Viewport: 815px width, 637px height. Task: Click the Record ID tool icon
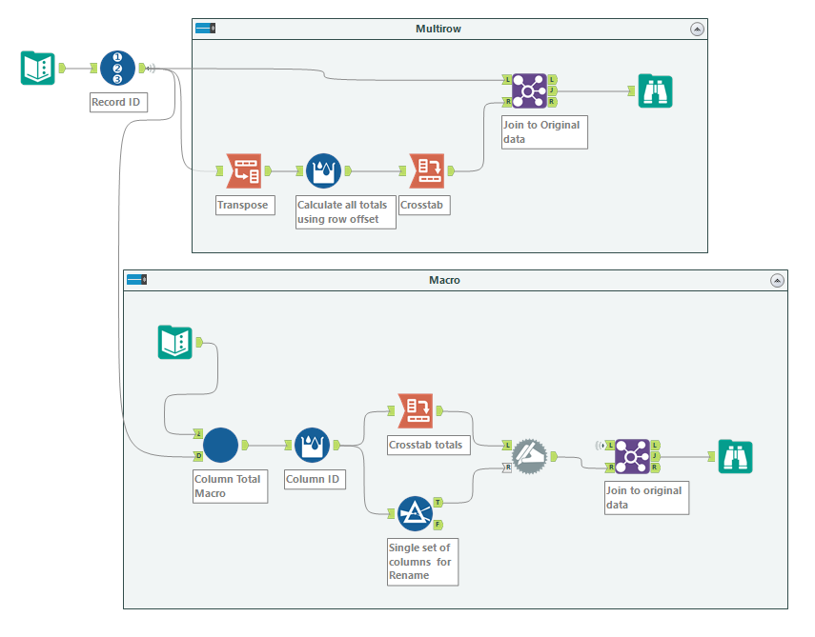(117, 68)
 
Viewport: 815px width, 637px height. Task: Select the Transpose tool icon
(243, 170)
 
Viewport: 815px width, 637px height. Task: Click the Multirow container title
(438, 29)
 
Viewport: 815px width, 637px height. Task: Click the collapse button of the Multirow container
(697, 30)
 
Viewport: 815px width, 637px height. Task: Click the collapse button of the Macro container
(777, 280)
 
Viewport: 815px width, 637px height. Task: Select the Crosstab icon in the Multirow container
(426, 170)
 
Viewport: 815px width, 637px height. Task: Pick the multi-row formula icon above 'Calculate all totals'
(324, 170)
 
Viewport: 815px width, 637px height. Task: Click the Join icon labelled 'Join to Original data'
(529, 90)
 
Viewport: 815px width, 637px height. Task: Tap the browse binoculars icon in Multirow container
(656, 90)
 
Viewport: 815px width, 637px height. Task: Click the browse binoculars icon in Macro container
(736, 456)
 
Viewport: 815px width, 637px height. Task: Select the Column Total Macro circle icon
(220, 445)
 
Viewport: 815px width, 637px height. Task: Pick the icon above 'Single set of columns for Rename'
(415, 513)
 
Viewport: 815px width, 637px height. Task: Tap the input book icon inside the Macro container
(174, 342)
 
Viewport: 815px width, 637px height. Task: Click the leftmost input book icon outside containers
(38, 68)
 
